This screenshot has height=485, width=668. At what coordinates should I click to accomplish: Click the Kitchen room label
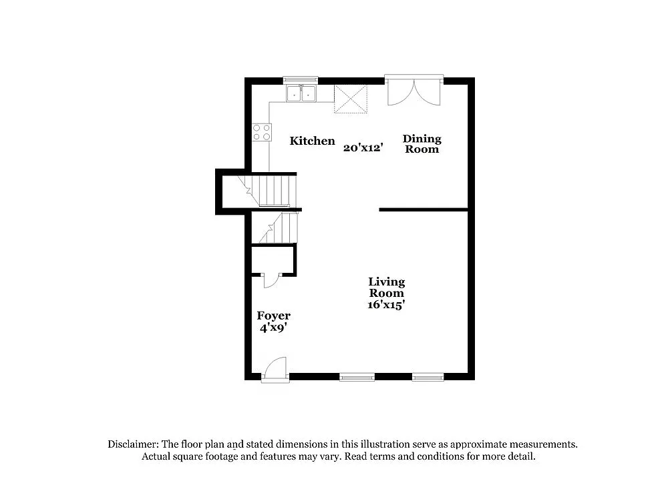click(312, 141)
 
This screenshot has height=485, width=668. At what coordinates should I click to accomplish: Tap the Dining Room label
click(422, 143)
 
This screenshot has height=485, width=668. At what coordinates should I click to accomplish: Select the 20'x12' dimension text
click(363, 148)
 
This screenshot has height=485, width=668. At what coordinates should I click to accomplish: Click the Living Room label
click(387, 288)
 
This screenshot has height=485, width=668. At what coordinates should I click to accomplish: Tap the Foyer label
click(273, 316)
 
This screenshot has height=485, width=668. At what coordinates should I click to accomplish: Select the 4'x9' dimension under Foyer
click(273, 328)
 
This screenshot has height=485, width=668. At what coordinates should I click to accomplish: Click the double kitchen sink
click(301, 94)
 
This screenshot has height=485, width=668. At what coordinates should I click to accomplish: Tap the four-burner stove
click(262, 131)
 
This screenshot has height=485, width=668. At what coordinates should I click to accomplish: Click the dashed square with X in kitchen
click(351, 99)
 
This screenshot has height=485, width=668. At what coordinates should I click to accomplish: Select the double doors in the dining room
click(414, 91)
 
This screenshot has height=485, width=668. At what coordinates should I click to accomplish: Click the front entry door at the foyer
click(275, 370)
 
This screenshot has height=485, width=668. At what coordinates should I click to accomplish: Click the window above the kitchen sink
click(301, 80)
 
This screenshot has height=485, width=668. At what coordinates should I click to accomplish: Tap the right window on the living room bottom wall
click(428, 377)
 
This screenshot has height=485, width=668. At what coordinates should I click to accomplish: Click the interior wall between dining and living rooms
click(424, 210)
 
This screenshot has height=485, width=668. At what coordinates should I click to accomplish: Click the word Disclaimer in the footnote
click(133, 444)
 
